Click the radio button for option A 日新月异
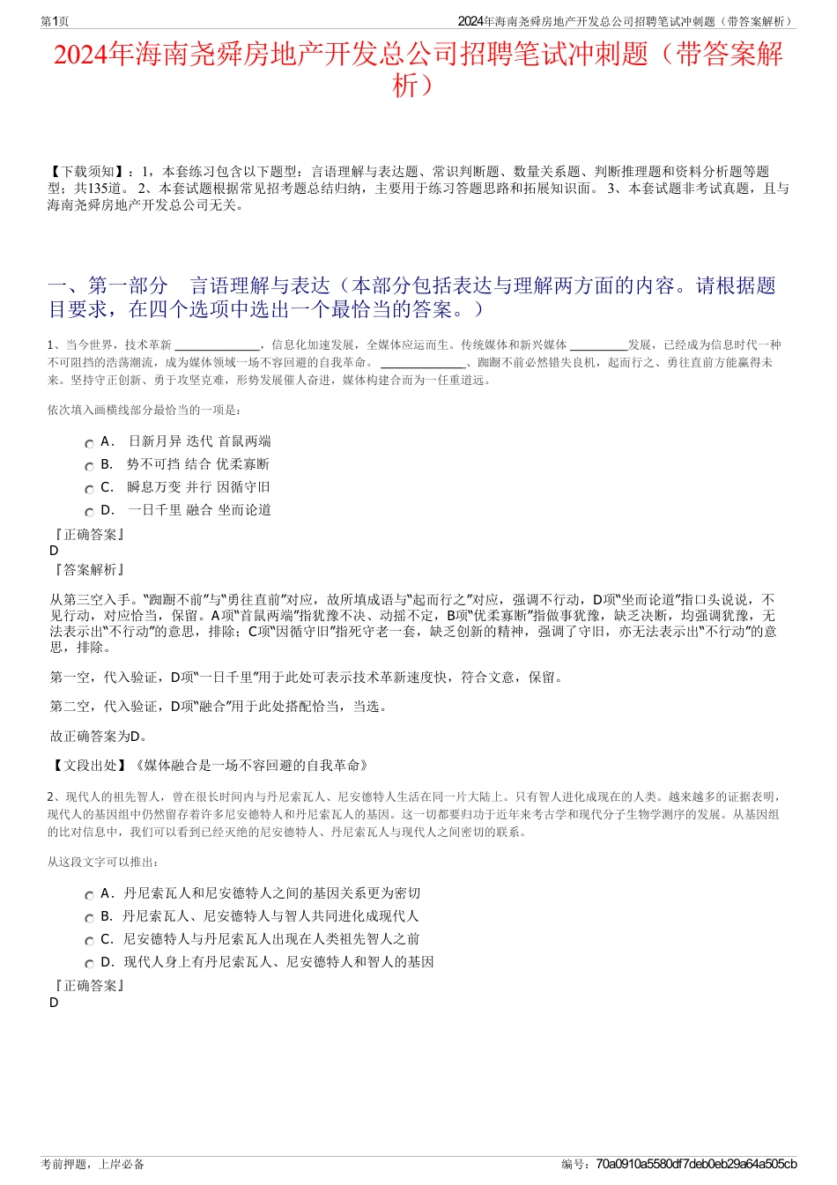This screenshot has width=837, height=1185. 89,444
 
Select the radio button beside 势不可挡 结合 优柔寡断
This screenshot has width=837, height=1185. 89,467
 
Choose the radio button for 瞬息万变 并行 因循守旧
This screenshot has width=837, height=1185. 89,490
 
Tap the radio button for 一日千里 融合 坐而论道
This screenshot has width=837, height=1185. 89,513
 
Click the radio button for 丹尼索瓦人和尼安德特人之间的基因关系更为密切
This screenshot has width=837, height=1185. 89,896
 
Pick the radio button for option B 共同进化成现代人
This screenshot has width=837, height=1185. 89,919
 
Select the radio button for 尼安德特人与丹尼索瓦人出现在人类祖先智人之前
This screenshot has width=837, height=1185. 89,942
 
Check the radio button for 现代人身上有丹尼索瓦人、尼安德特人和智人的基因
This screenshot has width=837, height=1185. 89,965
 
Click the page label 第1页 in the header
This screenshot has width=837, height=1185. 55,21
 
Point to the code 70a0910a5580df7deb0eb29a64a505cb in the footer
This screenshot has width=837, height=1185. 696,1164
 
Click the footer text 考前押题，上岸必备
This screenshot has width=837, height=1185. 93,1164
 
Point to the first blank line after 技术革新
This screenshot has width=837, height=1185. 217,345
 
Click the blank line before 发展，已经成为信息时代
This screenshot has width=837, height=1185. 598,345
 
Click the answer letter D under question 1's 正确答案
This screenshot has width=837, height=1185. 55,551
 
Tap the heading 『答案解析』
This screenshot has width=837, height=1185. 88,570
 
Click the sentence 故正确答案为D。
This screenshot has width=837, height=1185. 99,736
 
